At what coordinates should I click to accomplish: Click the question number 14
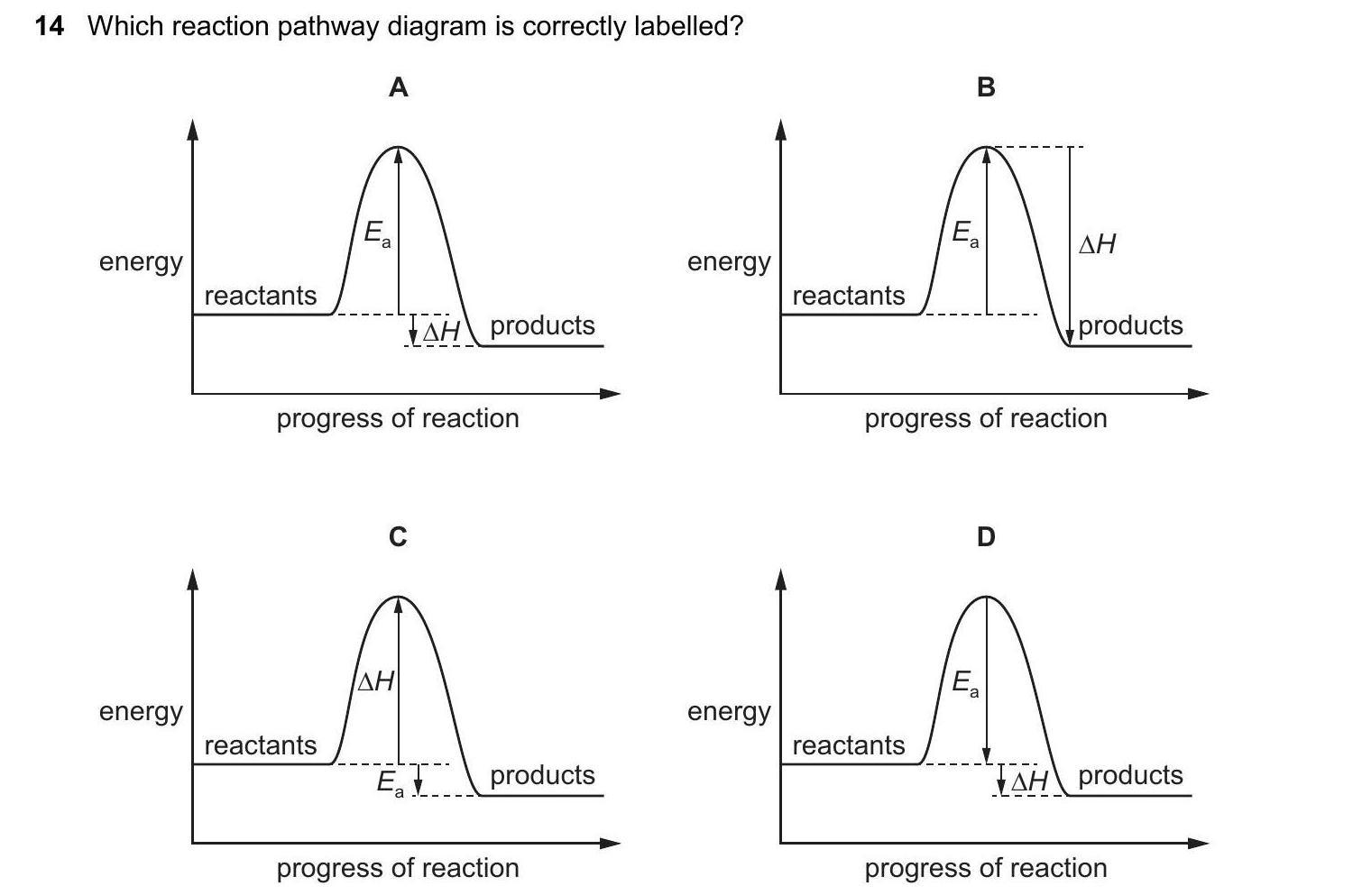[x=50, y=26]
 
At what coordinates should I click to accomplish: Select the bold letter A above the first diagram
[x=398, y=87]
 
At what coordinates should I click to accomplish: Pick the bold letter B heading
[x=986, y=87]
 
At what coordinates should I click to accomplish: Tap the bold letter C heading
[x=398, y=537]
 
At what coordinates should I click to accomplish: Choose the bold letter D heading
[x=986, y=537]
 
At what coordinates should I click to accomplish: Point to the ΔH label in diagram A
[x=441, y=333]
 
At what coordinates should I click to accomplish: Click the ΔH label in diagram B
[x=1097, y=243]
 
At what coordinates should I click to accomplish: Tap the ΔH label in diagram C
[x=376, y=680]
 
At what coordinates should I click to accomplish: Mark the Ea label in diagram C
[x=390, y=782]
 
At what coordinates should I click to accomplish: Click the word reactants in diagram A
[x=261, y=296]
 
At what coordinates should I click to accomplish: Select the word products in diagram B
[x=1130, y=325]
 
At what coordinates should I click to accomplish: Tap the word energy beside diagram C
[x=141, y=711]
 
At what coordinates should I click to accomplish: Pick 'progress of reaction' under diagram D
[x=986, y=868]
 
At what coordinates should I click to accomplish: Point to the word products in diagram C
[x=542, y=775]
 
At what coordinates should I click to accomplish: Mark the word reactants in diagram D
[x=849, y=745]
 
